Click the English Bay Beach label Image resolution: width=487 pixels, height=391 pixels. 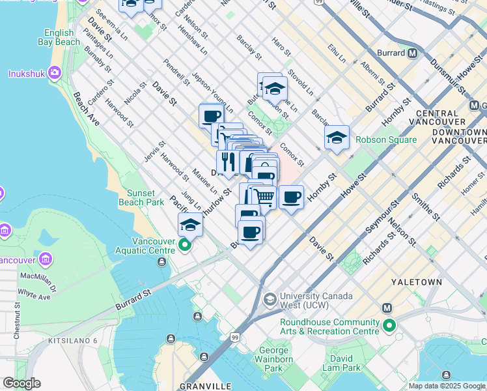point(63,38)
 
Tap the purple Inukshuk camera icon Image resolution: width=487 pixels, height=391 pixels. point(54,74)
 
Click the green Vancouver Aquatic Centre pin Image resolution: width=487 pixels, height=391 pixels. point(185,246)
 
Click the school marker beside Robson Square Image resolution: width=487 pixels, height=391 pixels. point(337,138)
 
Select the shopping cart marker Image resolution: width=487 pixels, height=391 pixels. point(264,196)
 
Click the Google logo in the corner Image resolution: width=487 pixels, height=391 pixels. point(21,383)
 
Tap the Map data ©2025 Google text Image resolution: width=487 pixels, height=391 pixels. point(447,386)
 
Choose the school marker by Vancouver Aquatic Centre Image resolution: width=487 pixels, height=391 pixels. point(190,225)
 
